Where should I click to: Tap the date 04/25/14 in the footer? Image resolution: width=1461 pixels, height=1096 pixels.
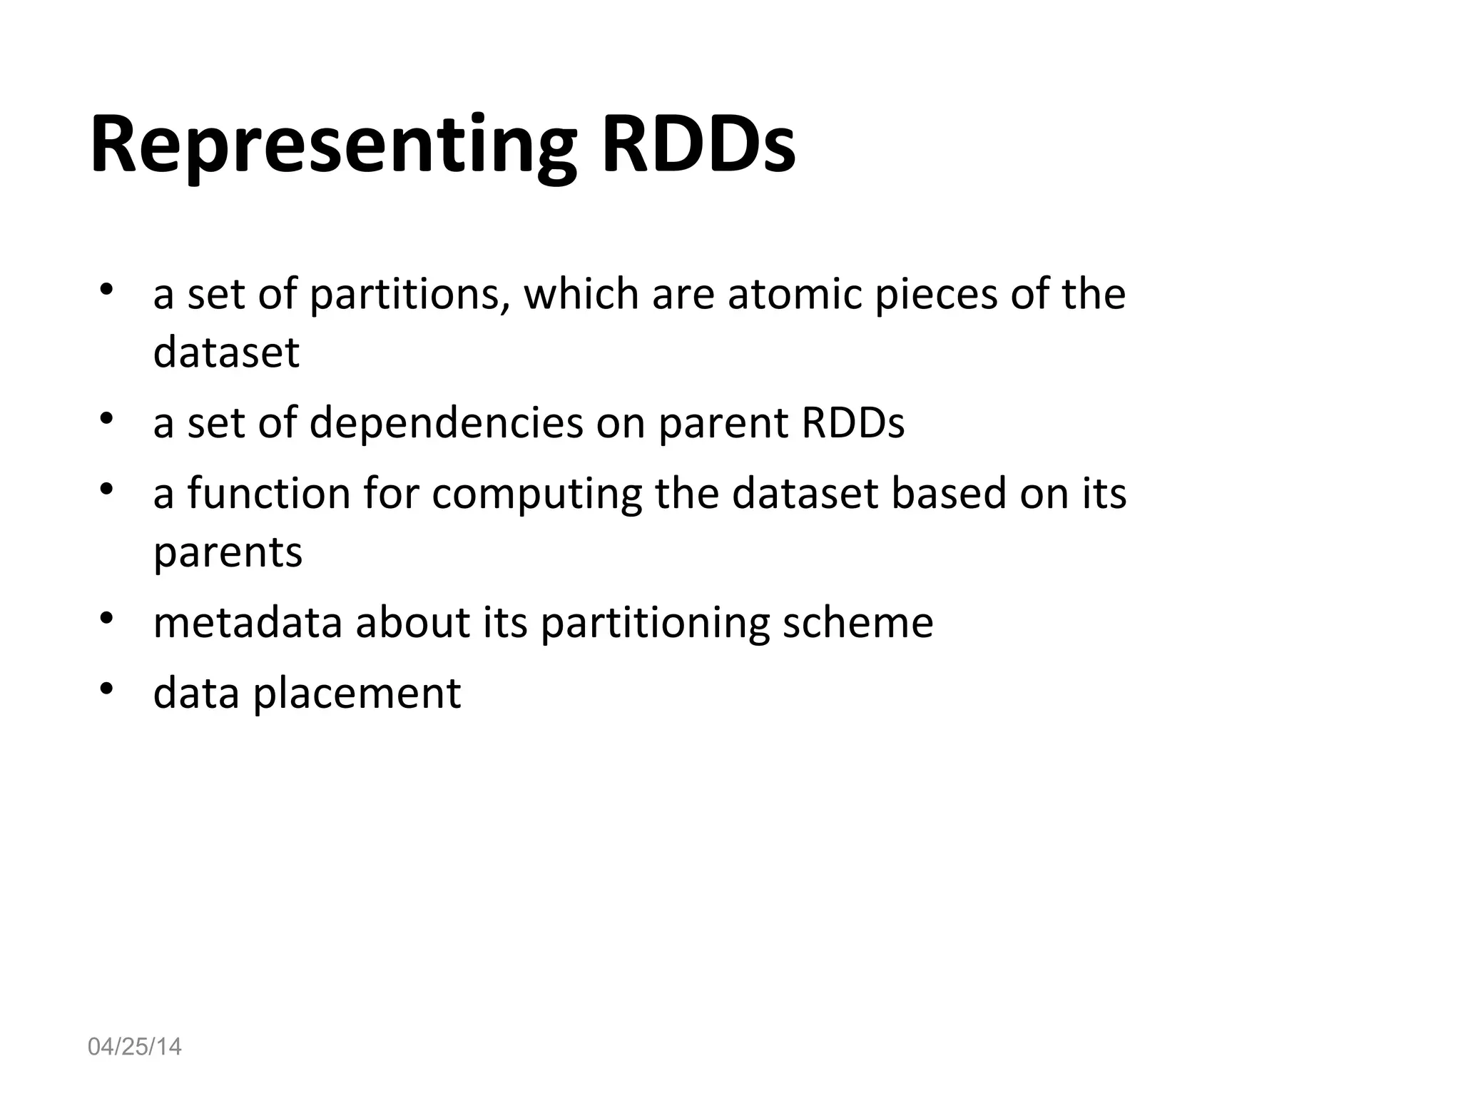[134, 1047]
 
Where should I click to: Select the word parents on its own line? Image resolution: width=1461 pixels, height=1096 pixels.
[228, 552]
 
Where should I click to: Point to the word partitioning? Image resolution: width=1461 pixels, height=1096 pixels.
[654, 621]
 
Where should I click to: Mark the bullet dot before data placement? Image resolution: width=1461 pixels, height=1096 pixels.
[107, 689]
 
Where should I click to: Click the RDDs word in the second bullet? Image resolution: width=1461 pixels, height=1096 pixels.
[852, 422]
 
